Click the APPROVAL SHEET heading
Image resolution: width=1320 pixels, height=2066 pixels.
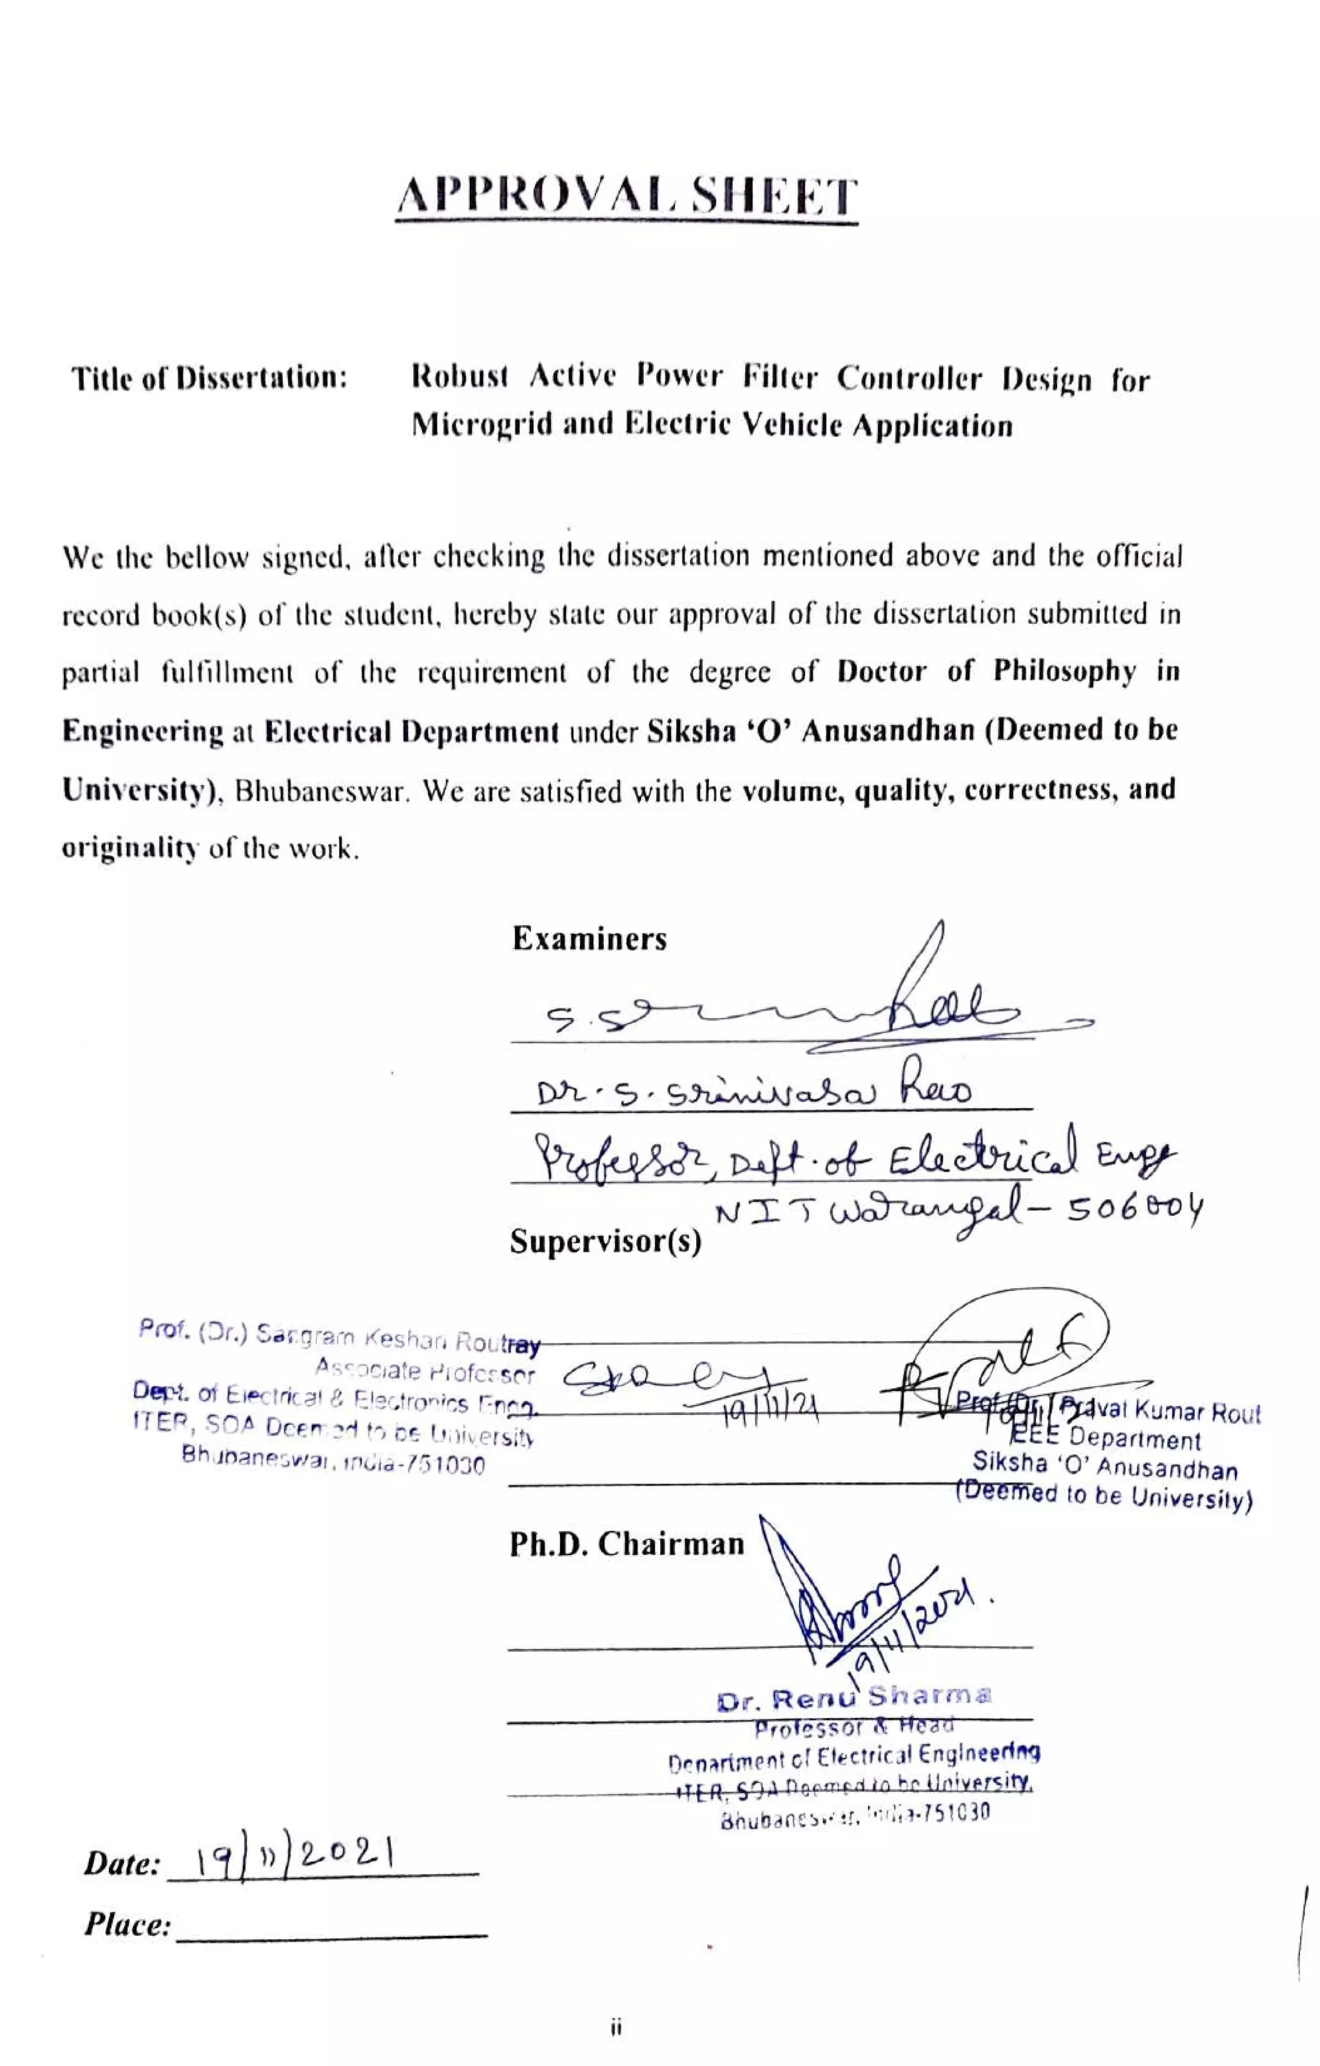(626, 197)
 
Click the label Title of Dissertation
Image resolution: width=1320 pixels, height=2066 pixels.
(209, 378)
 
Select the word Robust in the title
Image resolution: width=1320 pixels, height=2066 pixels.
(460, 378)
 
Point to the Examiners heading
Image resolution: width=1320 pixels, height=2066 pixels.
(588, 939)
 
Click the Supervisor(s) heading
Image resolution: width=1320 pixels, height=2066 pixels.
(605, 1241)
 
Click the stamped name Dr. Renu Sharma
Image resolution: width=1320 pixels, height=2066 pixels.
(854, 1698)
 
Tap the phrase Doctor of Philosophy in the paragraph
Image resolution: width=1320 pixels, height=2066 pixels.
(986, 671)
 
